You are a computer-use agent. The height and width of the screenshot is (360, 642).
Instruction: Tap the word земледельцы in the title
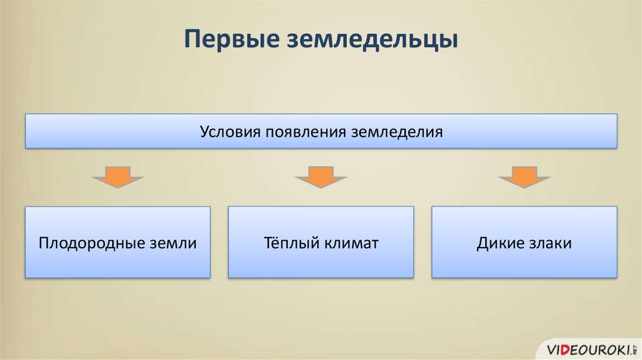(x=372, y=39)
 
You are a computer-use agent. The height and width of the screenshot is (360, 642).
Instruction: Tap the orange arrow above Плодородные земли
(x=117, y=177)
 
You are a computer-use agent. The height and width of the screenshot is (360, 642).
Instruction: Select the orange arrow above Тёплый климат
(x=320, y=177)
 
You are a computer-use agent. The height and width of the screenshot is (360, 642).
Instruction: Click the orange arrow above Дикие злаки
(x=524, y=177)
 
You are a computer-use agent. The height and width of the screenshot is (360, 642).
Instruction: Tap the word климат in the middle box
(x=351, y=243)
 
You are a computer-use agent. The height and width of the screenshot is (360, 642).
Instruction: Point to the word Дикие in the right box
(x=498, y=243)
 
